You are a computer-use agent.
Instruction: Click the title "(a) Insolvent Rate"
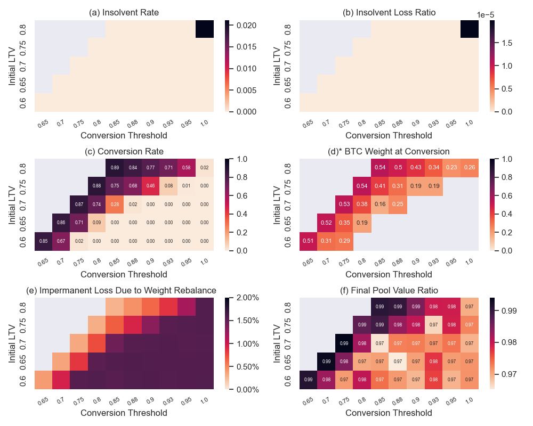click(124, 13)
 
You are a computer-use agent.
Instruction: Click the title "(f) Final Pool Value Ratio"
click(389, 290)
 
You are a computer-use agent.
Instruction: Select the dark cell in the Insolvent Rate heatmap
click(205, 29)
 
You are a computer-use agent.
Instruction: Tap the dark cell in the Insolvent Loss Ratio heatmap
click(470, 29)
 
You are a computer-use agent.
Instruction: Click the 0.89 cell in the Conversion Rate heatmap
click(115, 168)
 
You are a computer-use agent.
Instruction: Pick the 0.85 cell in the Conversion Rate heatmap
click(43, 241)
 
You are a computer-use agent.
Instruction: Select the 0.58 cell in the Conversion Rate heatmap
click(187, 168)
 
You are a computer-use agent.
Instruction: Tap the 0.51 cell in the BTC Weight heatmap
click(308, 241)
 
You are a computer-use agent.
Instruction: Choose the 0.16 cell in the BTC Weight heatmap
click(380, 204)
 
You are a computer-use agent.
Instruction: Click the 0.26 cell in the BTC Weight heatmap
click(470, 168)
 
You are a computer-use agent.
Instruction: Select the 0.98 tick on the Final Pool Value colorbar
click(508, 342)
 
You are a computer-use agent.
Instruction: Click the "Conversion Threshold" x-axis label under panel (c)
click(124, 275)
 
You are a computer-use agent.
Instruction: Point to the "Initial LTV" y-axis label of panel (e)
click(12, 343)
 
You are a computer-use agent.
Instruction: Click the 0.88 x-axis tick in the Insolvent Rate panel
click(132, 124)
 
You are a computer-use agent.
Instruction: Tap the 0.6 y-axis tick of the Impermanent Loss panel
click(23, 380)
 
